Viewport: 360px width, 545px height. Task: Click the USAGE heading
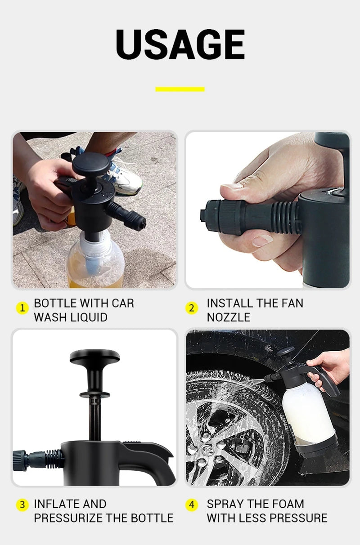click(180, 45)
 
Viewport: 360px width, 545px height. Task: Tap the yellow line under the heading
click(180, 89)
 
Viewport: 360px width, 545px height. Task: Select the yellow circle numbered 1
click(22, 308)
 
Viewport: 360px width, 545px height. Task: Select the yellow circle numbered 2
click(192, 308)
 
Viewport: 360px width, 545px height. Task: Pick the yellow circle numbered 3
click(22, 505)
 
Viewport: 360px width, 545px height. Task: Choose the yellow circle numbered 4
click(192, 505)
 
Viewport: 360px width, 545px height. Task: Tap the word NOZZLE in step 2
click(228, 317)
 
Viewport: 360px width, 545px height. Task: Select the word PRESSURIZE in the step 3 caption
click(68, 518)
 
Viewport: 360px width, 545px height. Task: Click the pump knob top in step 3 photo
click(94, 357)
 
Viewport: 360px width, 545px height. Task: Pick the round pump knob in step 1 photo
click(91, 163)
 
